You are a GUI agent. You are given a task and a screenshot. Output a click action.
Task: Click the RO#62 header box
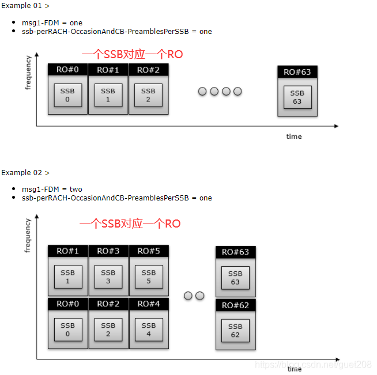[x=236, y=305]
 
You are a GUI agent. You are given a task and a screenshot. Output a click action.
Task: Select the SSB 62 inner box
[x=235, y=331]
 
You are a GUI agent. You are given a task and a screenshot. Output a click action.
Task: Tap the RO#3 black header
[x=108, y=251]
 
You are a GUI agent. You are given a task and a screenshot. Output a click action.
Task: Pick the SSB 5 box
[x=149, y=276]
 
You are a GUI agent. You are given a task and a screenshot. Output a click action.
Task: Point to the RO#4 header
[x=149, y=304]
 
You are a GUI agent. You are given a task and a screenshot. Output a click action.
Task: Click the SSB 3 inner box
[x=108, y=276]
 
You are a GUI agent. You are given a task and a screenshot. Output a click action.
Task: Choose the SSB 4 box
[x=149, y=329]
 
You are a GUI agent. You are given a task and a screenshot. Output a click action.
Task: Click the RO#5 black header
[x=149, y=251]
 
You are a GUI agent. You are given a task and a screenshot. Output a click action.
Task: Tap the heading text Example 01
[x=21, y=6]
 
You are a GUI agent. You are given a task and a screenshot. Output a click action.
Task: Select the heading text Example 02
[x=21, y=172]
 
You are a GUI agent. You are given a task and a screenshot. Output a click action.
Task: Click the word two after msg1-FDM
[x=76, y=190]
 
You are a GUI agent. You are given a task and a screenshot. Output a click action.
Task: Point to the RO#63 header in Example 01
[x=297, y=72]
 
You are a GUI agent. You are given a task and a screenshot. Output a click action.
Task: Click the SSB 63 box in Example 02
[x=235, y=278]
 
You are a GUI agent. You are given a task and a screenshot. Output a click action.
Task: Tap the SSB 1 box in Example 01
[x=108, y=95]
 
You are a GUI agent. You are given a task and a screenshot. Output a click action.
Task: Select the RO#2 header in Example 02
[x=108, y=304]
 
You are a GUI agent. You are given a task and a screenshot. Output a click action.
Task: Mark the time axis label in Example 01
[x=294, y=137]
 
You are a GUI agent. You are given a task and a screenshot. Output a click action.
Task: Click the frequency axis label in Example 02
[x=28, y=236]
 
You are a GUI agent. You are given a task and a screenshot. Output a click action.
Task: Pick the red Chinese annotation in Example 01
[x=133, y=54]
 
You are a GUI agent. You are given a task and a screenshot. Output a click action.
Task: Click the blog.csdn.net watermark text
[x=313, y=365]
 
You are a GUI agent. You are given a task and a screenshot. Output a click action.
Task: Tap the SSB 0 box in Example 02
[x=68, y=329]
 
